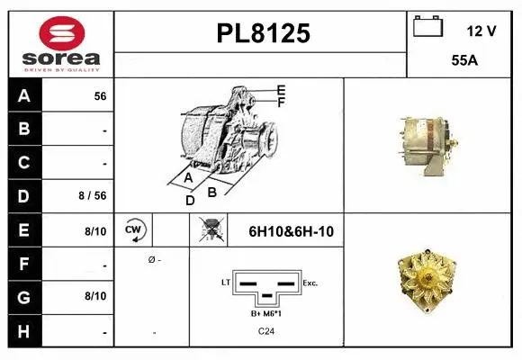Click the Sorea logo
pos(60,44)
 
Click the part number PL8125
pos(263,34)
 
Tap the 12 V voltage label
pos(481,31)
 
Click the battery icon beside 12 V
pos(428,28)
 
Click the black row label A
pos(24,94)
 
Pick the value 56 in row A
pos(100,95)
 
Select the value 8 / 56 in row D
pos(94,194)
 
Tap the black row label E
pos(24,229)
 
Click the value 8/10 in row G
pos(95,295)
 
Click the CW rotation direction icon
pos(134,229)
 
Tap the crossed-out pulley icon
pos(208,229)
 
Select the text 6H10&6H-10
pos(291,231)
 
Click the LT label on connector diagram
pos(226,283)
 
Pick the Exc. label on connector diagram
pos(310,283)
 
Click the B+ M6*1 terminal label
pos(267,313)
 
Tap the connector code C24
pos(267,331)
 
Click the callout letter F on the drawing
pos(281,103)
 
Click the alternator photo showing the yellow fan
pos(433,279)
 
